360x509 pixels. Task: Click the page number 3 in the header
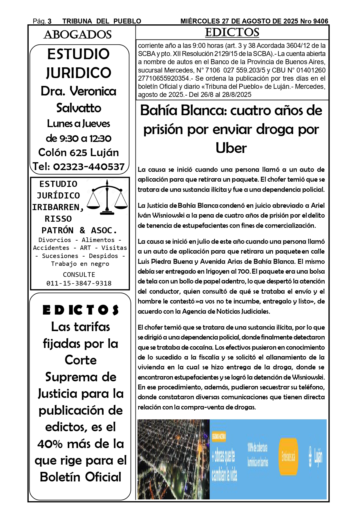click(x=50, y=21)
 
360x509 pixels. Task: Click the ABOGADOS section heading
click(x=77, y=35)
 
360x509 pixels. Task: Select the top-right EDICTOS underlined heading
click(x=232, y=33)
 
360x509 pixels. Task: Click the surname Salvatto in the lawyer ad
click(x=79, y=108)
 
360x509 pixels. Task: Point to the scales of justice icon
click(x=107, y=197)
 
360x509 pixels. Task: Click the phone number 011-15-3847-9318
click(x=79, y=283)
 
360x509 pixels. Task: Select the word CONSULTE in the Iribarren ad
click(x=79, y=275)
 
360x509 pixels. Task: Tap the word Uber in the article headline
click(x=231, y=148)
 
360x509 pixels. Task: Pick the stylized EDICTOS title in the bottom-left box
click(x=81, y=310)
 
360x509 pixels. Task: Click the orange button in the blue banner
click(x=288, y=457)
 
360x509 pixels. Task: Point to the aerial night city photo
click(x=173, y=459)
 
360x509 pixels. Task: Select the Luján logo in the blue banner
click(x=315, y=457)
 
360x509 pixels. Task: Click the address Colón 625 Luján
click(x=79, y=152)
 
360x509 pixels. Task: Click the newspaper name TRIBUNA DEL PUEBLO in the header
click(x=102, y=21)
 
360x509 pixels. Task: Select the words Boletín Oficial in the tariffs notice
click(x=81, y=477)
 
